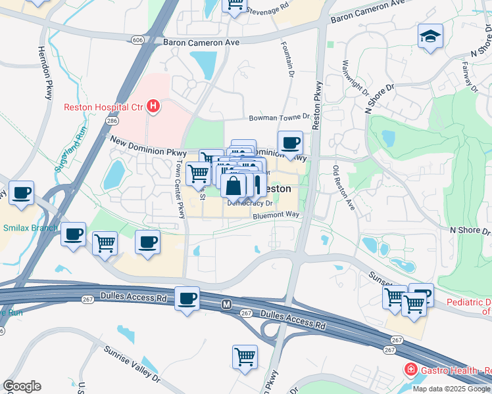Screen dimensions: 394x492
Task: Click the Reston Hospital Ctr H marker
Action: (153, 106)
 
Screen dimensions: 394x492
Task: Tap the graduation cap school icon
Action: (430, 35)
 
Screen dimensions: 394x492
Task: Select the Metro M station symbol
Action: (227, 305)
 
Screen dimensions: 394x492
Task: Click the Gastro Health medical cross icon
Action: (411, 370)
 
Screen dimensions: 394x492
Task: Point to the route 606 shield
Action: (137, 40)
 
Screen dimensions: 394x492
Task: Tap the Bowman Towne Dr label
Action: (279, 118)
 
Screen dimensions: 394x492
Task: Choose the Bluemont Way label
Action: (276, 215)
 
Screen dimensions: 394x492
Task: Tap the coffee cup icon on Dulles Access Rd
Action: (187, 299)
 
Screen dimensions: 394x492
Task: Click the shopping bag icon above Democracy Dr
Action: (234, 186)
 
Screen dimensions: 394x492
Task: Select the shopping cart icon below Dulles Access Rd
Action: (245, 357)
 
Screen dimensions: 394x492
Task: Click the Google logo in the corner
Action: (22, 386)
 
